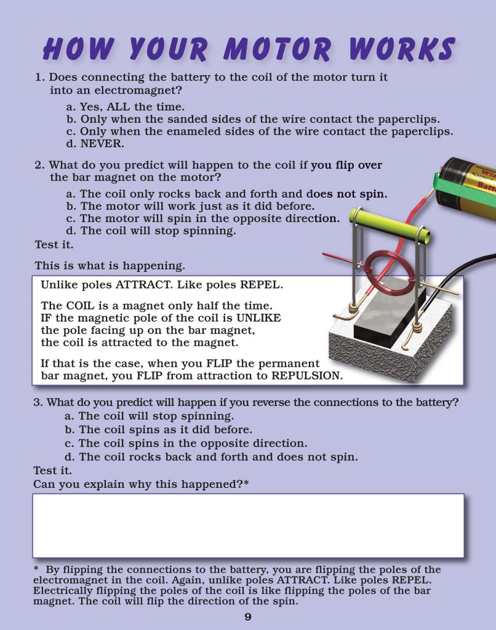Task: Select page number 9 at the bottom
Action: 248,616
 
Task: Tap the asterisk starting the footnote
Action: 36,570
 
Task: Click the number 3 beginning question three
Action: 36,403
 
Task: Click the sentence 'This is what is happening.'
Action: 110,266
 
